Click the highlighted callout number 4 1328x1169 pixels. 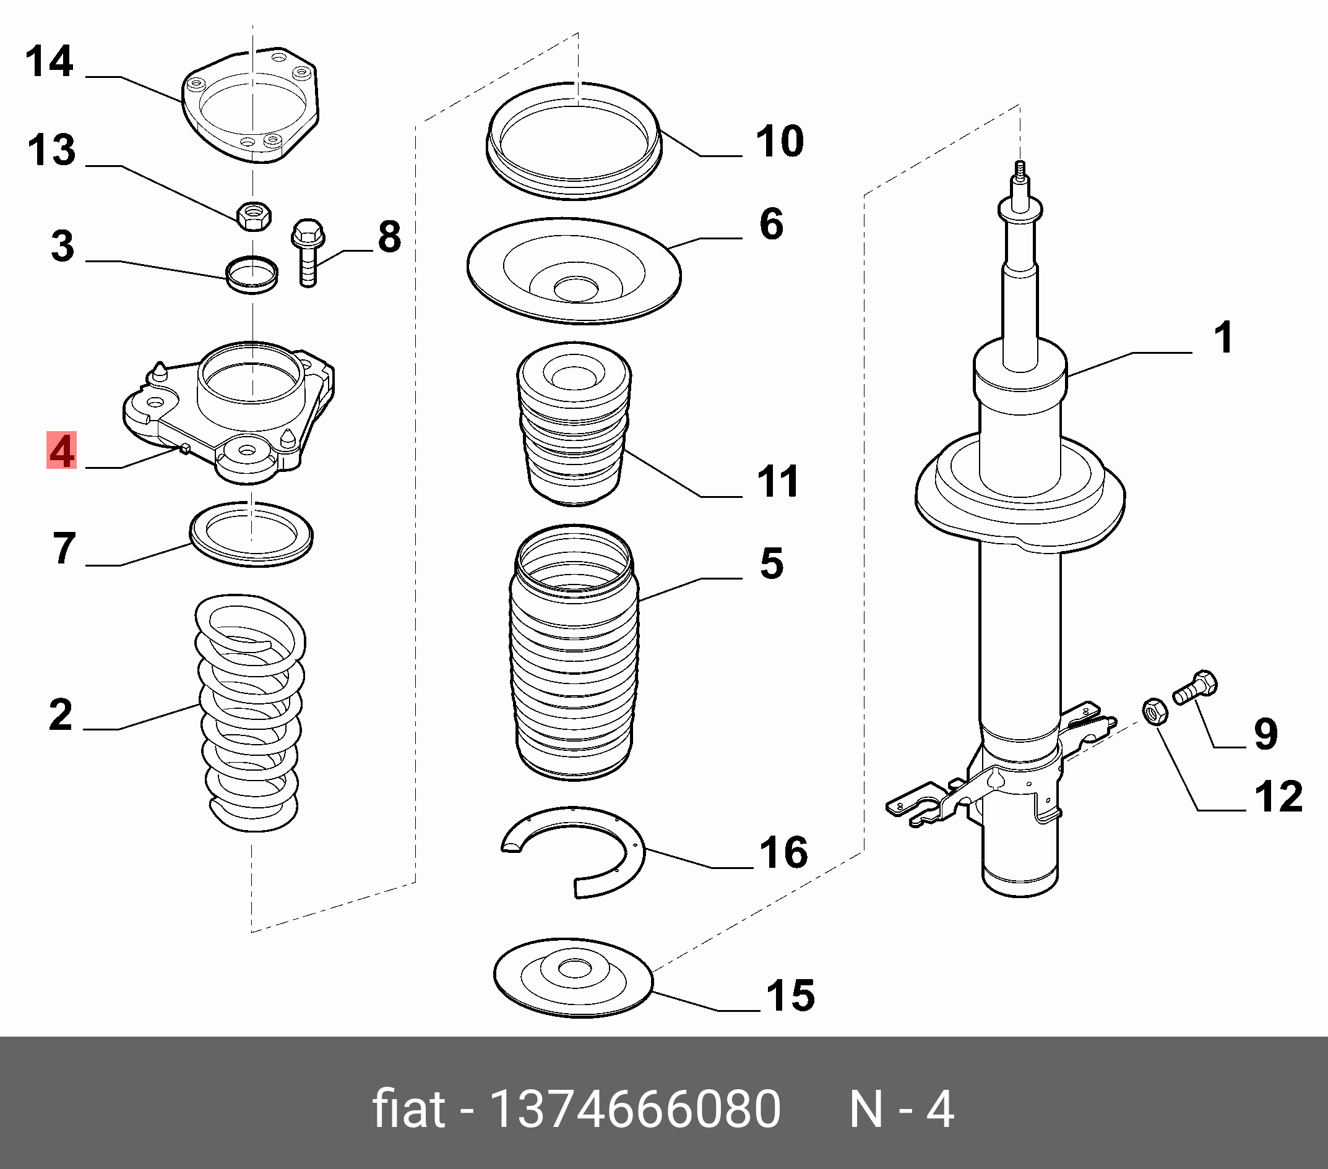pyautogui.click(x=62, y=451)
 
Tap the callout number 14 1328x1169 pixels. pyautogui.click(x=50, y=62)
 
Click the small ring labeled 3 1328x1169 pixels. pyautogui.click(x=251, y=274)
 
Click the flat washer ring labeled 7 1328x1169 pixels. pyautogui.click(x=251, y=534)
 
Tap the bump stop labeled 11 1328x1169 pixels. pyautogui.click(x=574, y=424)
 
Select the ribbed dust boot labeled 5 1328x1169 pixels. pyautogui.click(x=574, y=653)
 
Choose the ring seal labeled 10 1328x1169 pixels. pyautogui.click(x=574, y=141)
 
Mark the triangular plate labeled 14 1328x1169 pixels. pyautogui.click(x=251, y=106)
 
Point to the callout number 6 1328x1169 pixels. pyautogui.click(x=771, y=224)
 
